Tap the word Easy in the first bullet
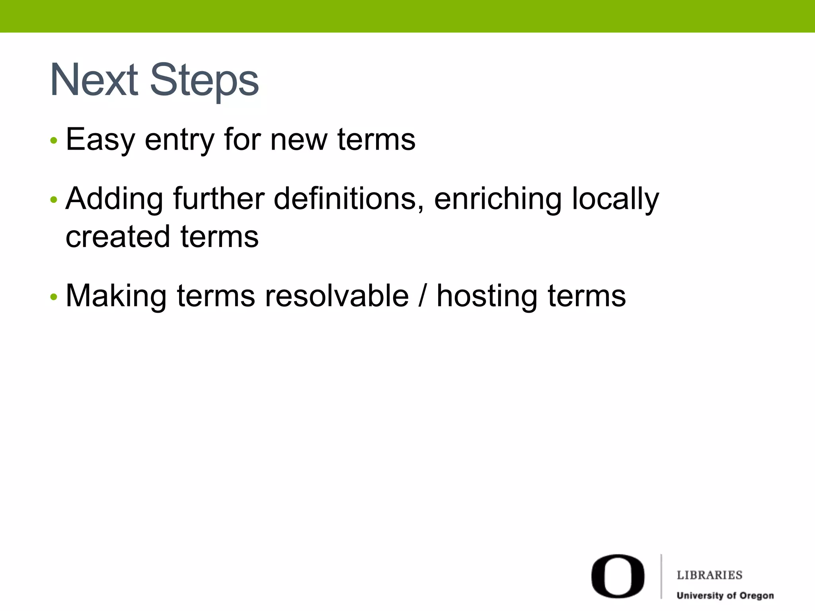pyautogui.click(x=100, y=140)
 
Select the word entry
pyautogui.click(x=179, y=140)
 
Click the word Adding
pyautogui.click(x=114, y=199)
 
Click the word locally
pyautogui.click(x=616, y=199)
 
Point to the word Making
pyautogui.click(x=116, y=297)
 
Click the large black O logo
pyautogui.click(x=618, y=576)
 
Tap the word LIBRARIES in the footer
pyautogui.click(x=710, y=575)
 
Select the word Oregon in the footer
pyautogui.click(x=756, y=596)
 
